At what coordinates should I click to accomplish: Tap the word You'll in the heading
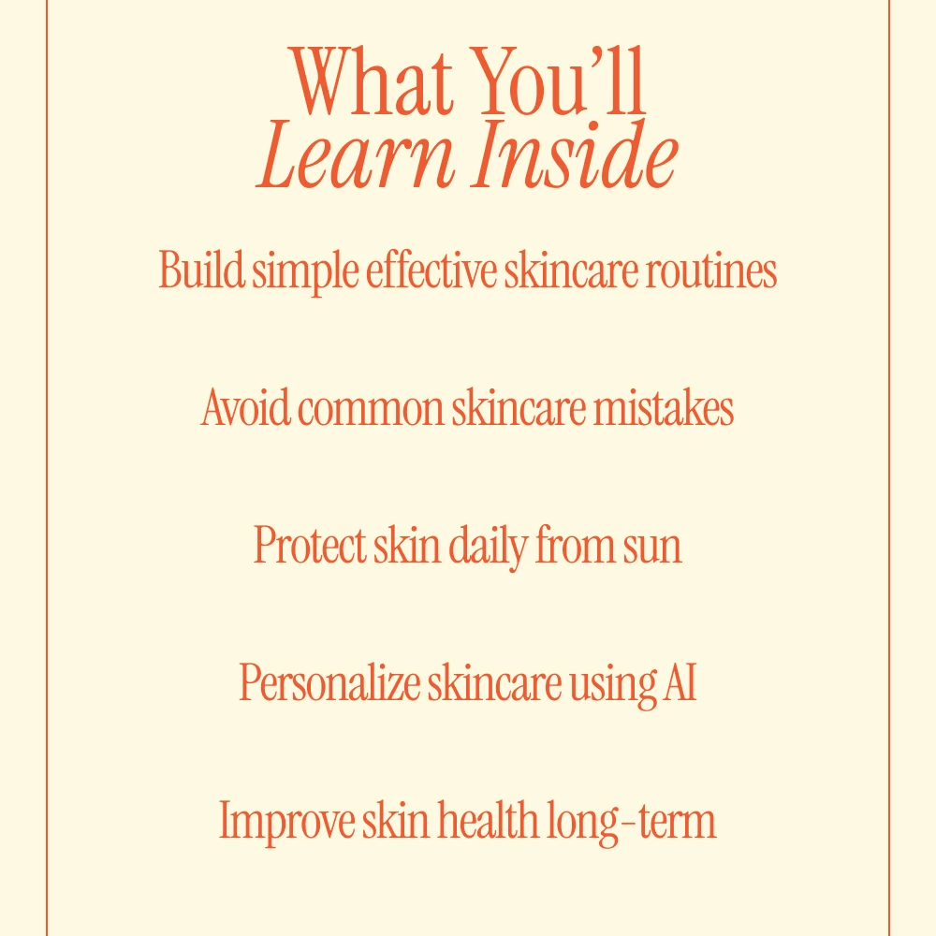561,80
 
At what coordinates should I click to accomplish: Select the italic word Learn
355,155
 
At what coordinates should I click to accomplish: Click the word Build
201,270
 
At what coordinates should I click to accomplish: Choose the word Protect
310,545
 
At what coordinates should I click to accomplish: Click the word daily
489,548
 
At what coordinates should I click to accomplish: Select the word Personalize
329,681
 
